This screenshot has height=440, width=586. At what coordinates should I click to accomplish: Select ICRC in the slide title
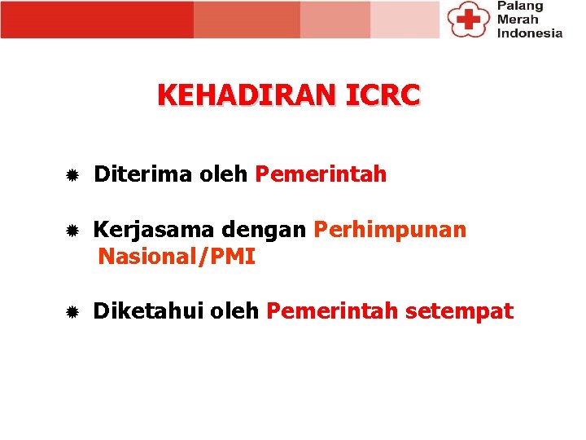pyautogui.click(x=383, y=95)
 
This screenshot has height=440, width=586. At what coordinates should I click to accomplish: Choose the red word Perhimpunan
pyautogui.click(x=390, y=231)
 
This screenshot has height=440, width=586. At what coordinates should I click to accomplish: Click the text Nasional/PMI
pyautogui.click(x=177, y=257)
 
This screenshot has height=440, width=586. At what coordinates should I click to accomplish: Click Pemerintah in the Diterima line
pyautogui.click(x=321, y=174)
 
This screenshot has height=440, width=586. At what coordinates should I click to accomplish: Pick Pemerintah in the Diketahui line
pyautogui.click(x=332, y=311)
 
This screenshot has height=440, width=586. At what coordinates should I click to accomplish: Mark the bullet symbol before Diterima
pyautogui.click(x=72, y=175)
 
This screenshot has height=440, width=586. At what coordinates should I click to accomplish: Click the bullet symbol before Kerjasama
pyautogui.click(x=72, y=231)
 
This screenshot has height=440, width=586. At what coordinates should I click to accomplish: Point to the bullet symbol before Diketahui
pyautogui.click(x=72, y=312)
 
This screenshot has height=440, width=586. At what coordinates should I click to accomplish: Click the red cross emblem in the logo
pyautogui.click(x=467, y=18)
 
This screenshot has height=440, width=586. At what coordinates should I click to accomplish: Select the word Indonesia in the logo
pyautogui.click(x=529, y=33)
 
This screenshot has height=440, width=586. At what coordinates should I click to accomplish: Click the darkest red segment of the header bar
pyautogui.click(x=97, y=20)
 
